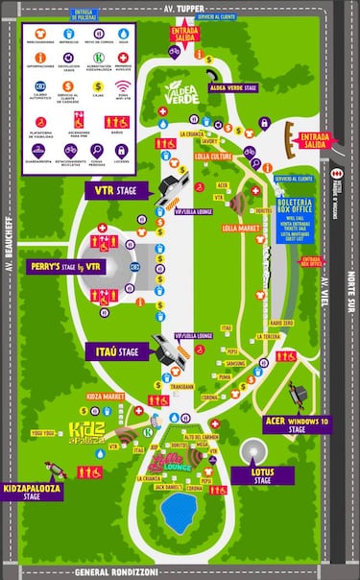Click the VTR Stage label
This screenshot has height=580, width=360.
pos(113,191)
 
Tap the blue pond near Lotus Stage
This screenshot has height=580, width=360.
pos(178,515)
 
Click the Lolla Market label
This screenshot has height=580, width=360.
pos(242,229)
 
